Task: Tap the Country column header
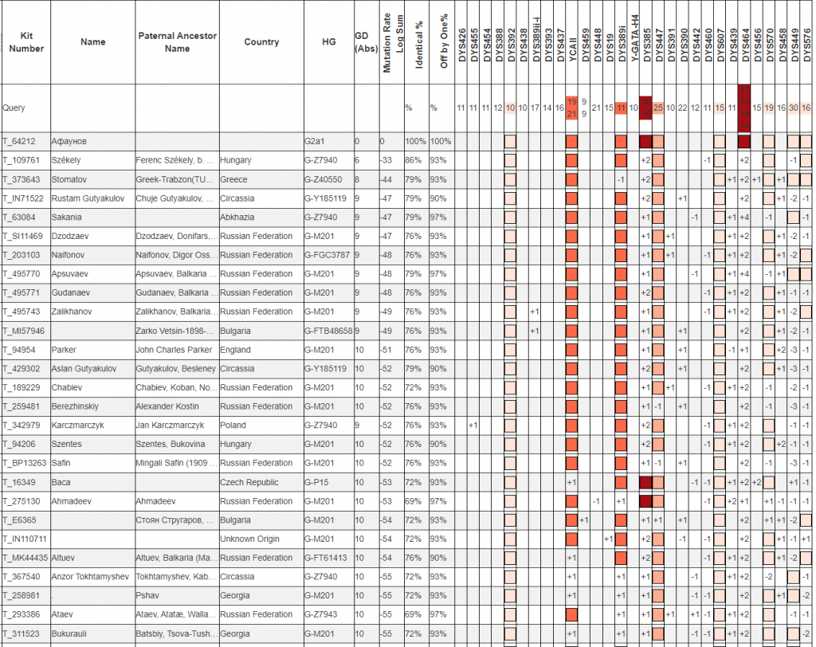[x=261, y=42]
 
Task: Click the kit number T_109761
[x=24, y=160]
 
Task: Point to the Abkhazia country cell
[x=240, y=217]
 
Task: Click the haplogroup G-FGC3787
[x=328, y=255]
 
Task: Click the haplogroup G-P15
[x=316, y=482]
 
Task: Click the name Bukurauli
[x=71, y=633]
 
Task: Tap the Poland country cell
[x=233, y=425]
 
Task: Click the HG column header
[x=328, y=42]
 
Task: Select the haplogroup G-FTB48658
[x=328, y=331]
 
